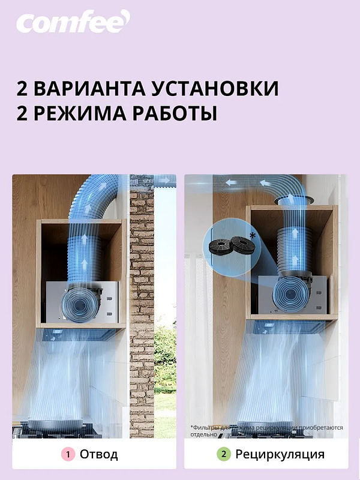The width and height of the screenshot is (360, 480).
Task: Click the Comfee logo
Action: click(x=73, y=22)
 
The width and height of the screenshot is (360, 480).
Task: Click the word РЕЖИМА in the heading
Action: click(x=83, y=113)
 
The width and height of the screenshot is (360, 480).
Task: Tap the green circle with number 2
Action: click(x=223, y=454)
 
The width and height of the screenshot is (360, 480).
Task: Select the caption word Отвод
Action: click(x=99, y=454)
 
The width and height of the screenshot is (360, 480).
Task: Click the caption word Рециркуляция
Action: click(x=280, y=454)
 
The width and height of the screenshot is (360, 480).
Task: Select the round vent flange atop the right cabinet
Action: click(x=293, y=200)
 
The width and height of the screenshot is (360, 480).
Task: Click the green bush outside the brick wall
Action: click(x=167, y=360)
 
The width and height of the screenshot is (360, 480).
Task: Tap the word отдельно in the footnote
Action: click(x=199, y=434)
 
